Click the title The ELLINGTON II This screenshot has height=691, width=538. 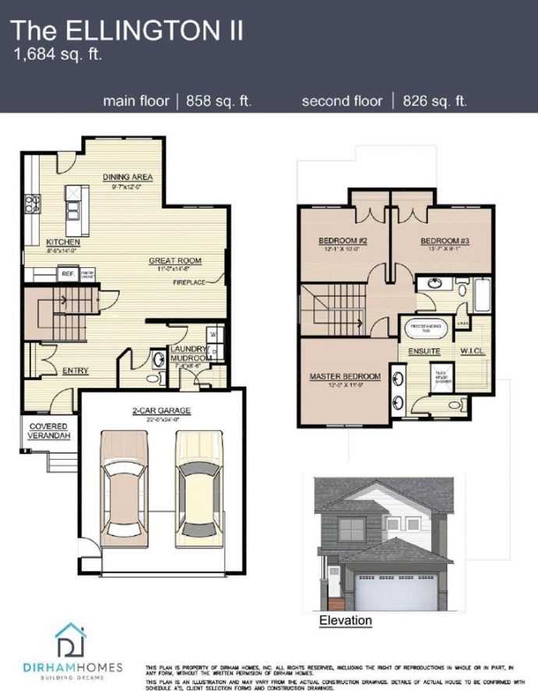point(126,30)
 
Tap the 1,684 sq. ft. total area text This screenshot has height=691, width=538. point(58,55)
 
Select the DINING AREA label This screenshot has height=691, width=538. point(127,177)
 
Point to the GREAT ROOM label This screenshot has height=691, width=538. point(176,260)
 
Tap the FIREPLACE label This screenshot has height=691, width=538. point(189,283)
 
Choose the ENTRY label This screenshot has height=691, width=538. point(75,371)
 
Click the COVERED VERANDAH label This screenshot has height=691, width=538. point(48,431)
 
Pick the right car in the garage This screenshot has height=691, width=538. point(195,488)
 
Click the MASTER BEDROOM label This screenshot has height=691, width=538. point(345,377)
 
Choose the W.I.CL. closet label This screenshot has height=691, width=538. point(473,351)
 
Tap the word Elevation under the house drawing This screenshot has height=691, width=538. point(346,621)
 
